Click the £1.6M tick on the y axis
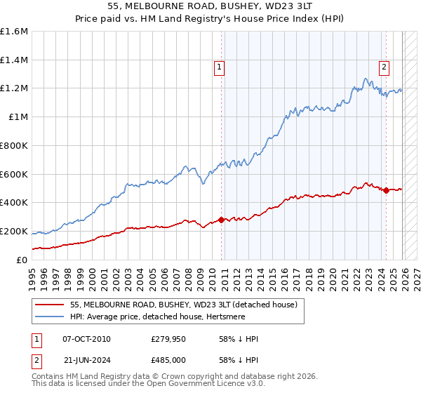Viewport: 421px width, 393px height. click(14, 32)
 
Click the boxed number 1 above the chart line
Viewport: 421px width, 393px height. click(220, 67)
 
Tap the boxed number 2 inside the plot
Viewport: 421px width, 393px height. click(385, 67)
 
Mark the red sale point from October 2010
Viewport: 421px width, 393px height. click(222, 220)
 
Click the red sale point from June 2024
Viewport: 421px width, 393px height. click(386, 190)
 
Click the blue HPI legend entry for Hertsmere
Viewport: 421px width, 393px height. click(168, 317)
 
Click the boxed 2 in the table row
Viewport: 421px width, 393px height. click(36, 359)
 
